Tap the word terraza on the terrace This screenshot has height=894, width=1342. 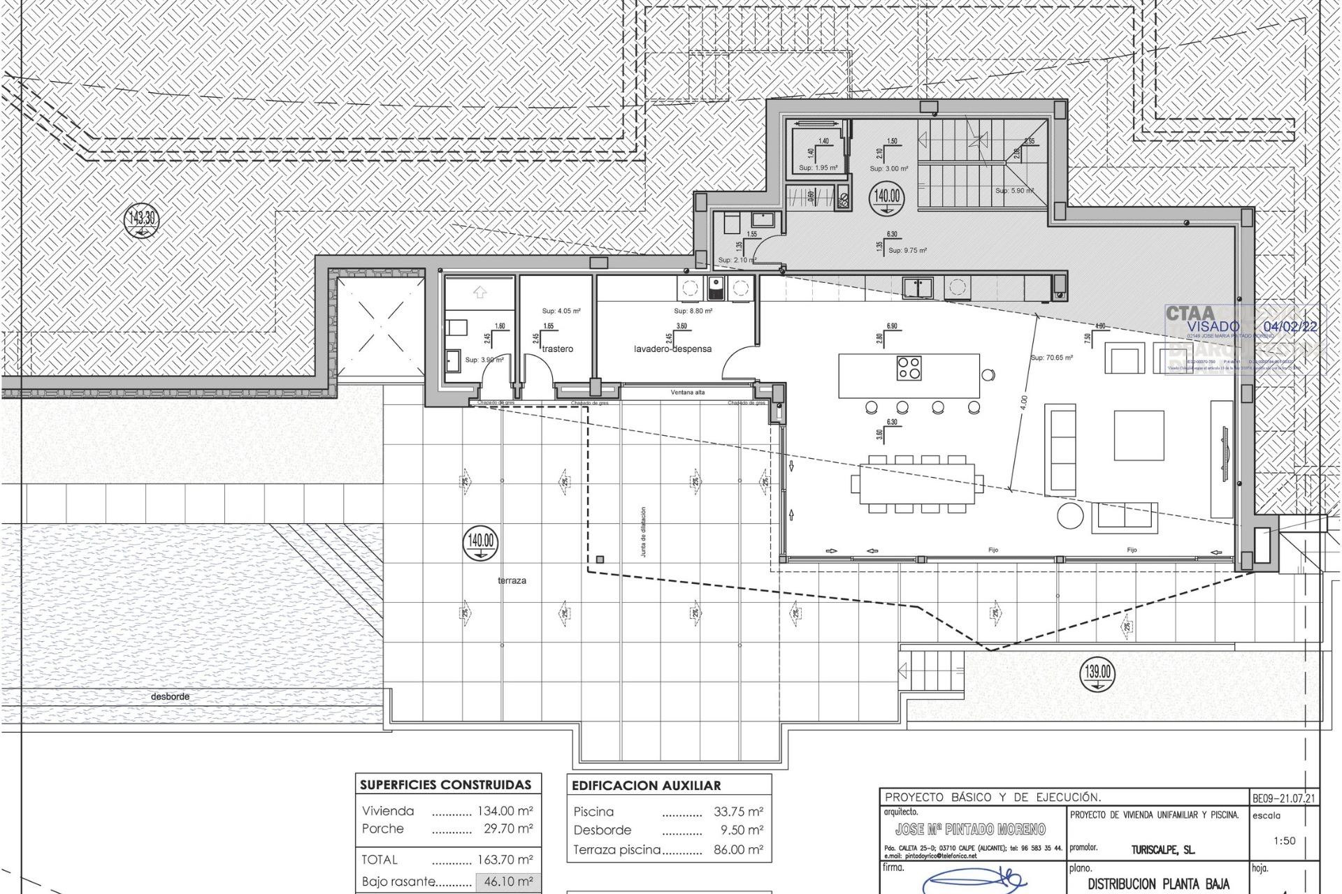[512, 580]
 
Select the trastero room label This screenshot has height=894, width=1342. [557, 349]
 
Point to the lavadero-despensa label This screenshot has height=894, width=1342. [672, 349]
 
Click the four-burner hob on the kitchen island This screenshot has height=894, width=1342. [909, 367]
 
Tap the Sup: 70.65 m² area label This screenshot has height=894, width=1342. [1051, 358]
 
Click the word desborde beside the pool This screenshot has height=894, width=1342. [170, 696]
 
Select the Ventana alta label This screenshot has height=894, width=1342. [688, 393]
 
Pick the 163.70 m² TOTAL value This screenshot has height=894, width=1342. [508, 859]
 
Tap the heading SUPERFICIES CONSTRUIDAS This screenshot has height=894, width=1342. [445, 784]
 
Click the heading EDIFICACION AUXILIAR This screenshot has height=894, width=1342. [646, 785]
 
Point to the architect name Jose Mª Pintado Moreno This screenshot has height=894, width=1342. [970, 829]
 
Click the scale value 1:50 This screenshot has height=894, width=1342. [1284, 841]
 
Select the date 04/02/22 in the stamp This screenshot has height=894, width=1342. [1290, 326]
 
